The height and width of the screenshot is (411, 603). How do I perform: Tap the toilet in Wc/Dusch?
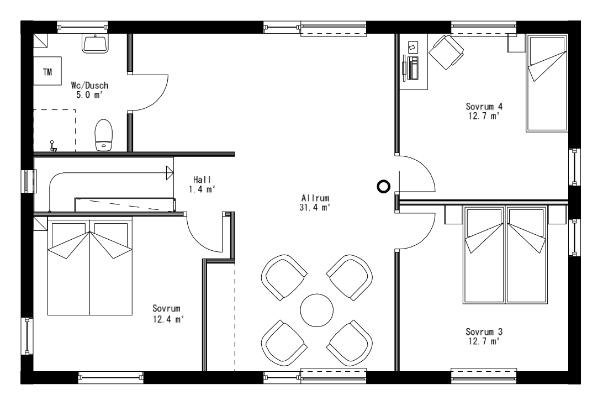pyautogui.click(x=103, y=134)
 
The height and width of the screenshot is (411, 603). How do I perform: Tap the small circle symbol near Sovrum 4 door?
pyautogui.click(x=383, y=187)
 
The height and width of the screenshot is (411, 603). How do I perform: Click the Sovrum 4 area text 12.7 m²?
pyautogui.click(x=483, y=115)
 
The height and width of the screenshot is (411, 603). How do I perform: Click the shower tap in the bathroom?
pyautogui.click(x=53, y=146)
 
